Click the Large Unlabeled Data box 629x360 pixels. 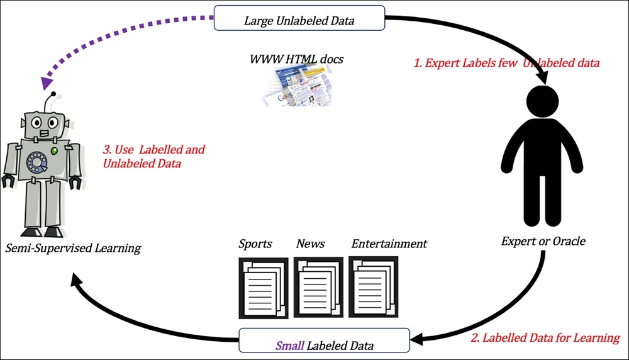[299, 19]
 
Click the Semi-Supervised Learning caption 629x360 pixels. [72, 248]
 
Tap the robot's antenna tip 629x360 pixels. [55, 95]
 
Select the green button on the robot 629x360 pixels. [54, 152]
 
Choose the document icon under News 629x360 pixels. [318, 286]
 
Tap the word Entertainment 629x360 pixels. [389, 244]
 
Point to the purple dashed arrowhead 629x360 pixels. [46, 83]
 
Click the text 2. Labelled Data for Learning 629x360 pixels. [545, 338]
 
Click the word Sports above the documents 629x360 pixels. [255, 244]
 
